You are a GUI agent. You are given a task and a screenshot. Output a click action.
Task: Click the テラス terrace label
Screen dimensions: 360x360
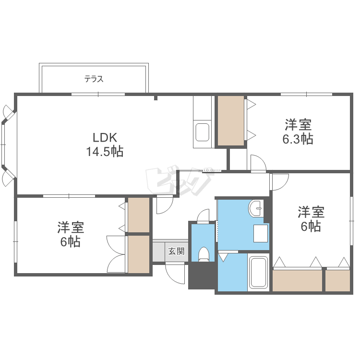pyautogui.click(x=94, y=79)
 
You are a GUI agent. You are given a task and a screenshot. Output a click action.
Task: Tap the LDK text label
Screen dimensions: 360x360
pyautogui.click(x=105, y=138)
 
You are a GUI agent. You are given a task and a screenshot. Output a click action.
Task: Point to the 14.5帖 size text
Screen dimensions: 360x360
pyautogui.click(x=105, y=152)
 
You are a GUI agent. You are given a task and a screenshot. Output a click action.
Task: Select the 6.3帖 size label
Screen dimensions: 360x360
pyautogui.click(x=298, y=139)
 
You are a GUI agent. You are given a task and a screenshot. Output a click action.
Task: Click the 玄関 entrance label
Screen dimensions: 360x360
pyautogui.click(x=176, y=251)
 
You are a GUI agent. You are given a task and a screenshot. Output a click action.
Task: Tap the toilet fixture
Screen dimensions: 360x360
pyautogui.click(x=204, y=254)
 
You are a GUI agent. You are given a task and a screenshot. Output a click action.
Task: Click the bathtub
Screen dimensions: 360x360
pyautogui.click(x=259, y=273)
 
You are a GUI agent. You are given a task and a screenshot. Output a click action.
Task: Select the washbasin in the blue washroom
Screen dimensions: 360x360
pyautogui.click(x=255, y=208)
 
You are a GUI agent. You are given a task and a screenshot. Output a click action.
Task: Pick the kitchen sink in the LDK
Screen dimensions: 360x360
pyautogui.click(x=202, y=132)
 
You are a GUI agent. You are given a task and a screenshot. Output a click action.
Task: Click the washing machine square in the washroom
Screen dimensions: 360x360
pyautogui.click(x=261, y=233)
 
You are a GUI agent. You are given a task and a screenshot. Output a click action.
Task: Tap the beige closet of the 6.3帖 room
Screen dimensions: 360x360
pyautogui.click(x=231, y=121)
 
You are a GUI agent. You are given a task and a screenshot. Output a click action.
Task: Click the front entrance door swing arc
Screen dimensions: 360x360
pyautogui.click(x=175, y=274)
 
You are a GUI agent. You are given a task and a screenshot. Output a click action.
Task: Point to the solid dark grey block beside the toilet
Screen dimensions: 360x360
pyautogui.click(x=202, y=276)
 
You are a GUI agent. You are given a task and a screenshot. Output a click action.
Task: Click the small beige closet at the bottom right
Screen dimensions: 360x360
pyautogui.click(x=337, y=281)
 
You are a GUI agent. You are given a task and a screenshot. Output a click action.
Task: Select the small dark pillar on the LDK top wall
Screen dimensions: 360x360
pyautogui.click(x=156, y=98)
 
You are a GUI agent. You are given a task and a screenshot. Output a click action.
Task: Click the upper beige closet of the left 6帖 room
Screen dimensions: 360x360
pyautogui.click(x=139, y=215)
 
